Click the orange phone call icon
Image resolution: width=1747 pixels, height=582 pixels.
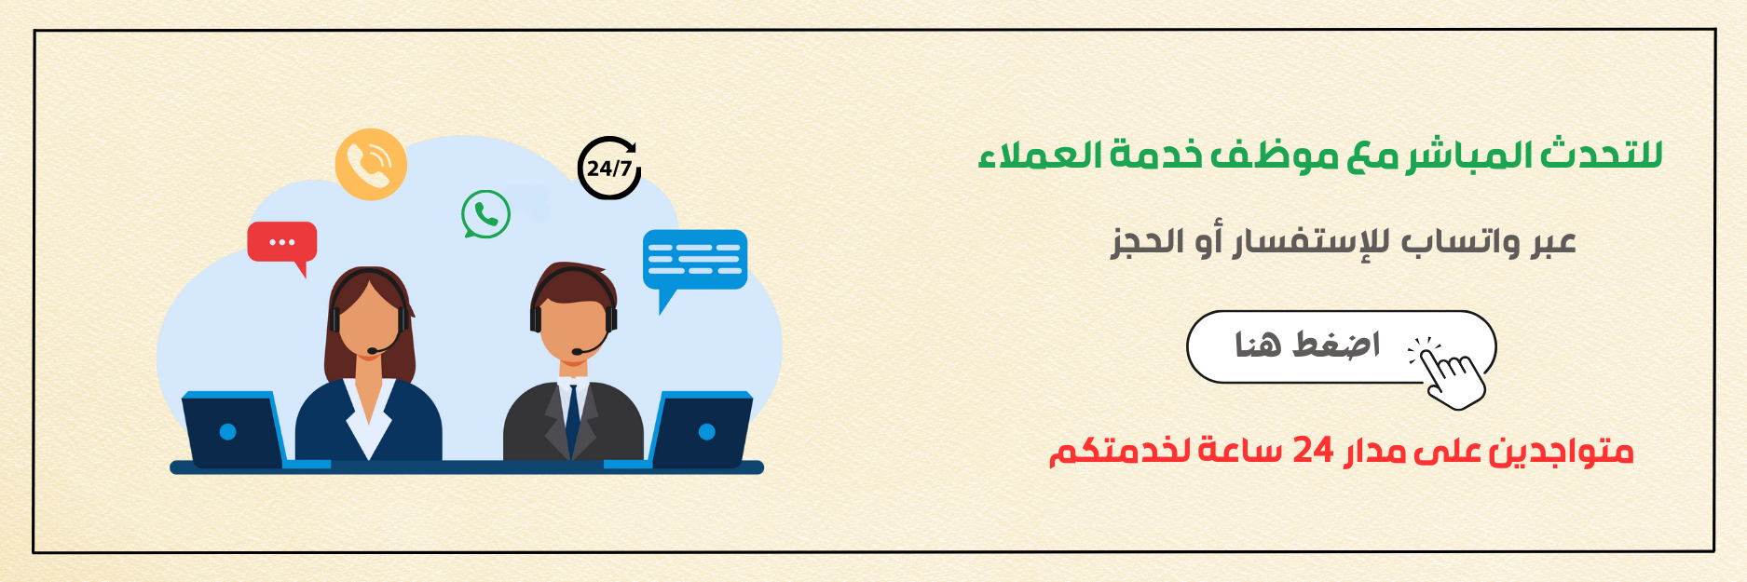click(371, 164)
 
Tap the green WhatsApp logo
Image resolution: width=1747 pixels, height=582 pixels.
click(485, 214)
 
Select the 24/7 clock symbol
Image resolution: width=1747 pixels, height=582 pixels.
click(609, 168)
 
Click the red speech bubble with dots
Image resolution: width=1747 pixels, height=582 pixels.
click(282, 244)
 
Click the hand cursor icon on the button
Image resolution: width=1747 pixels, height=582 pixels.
click(1450, 372)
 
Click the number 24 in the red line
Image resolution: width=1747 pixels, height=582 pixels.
click(1312, 451)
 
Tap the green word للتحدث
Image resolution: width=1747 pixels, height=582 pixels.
click(1601, 154)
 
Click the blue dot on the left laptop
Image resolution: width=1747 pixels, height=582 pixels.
click(227, 432)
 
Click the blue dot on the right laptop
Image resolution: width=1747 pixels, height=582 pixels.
click(706, 431)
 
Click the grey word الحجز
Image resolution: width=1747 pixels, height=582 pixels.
click(1147, 242)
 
